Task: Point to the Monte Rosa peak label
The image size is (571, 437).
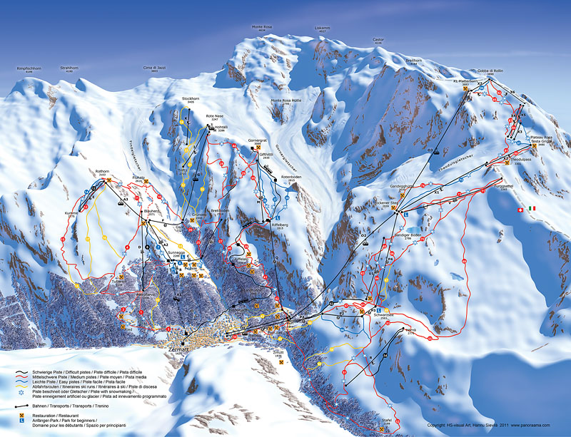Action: tap(263, 28)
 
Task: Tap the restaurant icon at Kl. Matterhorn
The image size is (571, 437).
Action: tap(465, 90)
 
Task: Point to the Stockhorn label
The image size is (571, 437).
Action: tap(190, 98)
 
